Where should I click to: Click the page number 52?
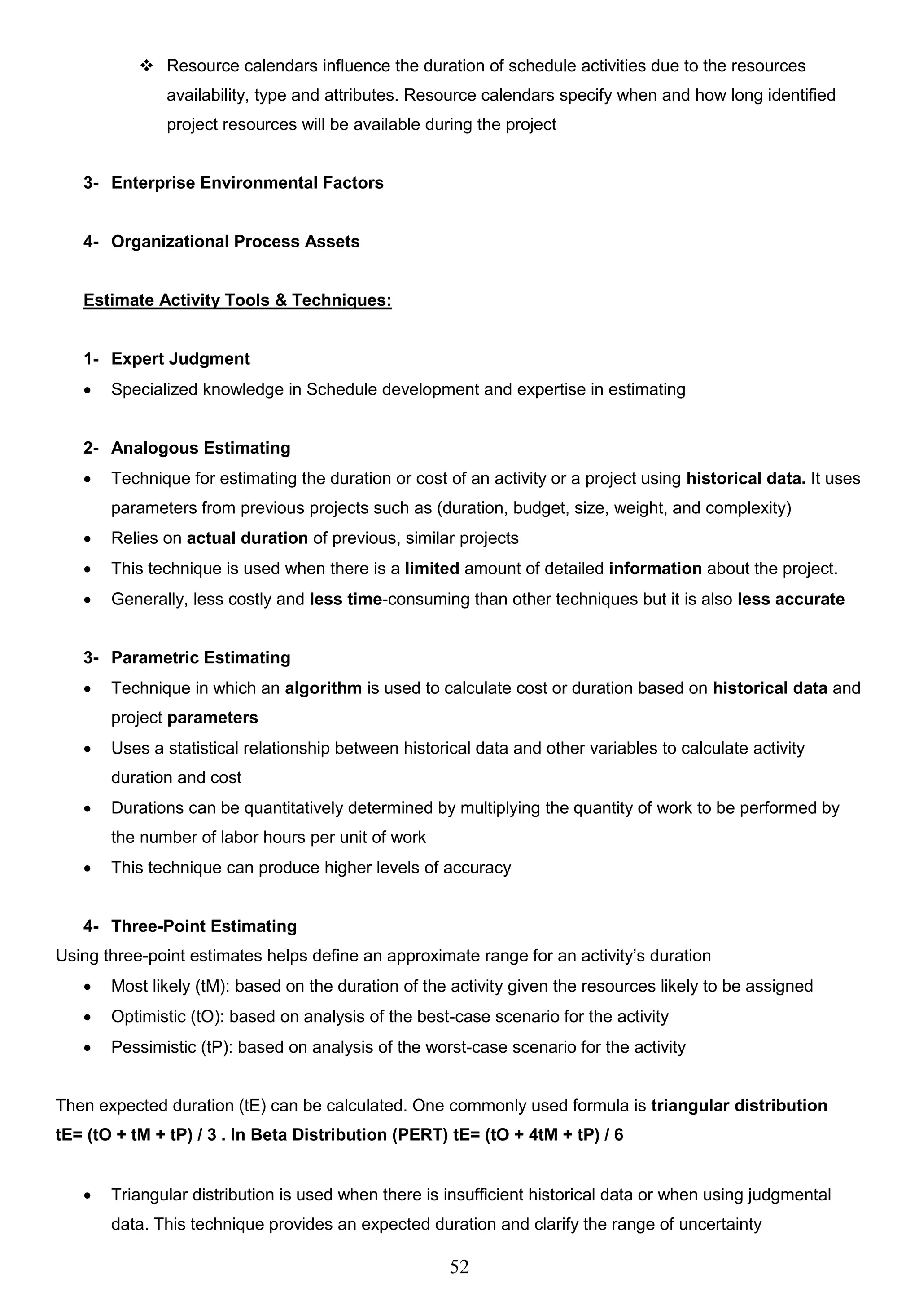point(459,1266)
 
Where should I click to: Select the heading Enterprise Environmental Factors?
point(247,183)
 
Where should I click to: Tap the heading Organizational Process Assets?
point(235,242)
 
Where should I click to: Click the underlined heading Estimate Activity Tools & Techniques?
point(237,300)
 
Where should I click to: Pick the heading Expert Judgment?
point(180,359)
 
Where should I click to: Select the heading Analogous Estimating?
point(201,448)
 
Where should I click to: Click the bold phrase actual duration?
point(247,538)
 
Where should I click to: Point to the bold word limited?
point(432,569)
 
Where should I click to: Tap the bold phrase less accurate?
point(791,600)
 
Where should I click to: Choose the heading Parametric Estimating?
point(201,658)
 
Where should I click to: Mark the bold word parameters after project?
point(213,718)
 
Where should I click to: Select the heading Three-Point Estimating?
point(204,926)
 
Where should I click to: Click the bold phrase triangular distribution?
point(739,1106)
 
